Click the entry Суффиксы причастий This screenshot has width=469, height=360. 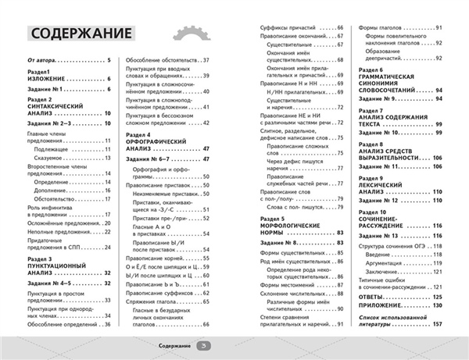pyautogui.click(x=292, y=27)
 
